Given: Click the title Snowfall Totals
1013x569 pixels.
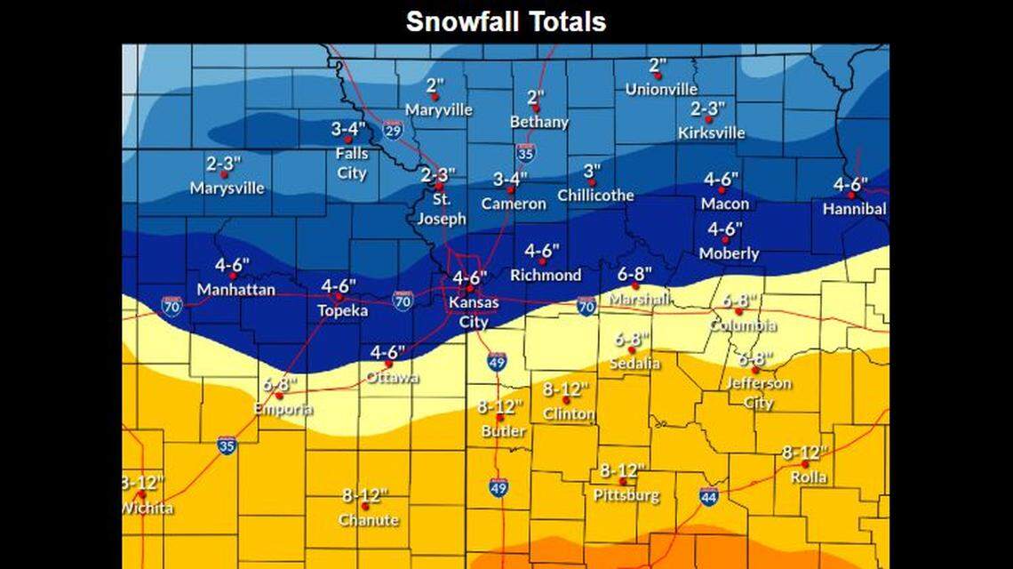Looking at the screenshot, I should [506, 21].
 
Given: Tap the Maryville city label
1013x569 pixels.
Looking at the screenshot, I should [438, 110].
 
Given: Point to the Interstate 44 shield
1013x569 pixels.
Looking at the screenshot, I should [708, 497].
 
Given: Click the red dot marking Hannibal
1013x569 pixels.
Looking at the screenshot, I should [851, 195].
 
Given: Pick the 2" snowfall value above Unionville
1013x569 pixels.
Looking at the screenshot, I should [658, 66].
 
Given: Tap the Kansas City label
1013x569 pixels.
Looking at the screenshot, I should [474, 313].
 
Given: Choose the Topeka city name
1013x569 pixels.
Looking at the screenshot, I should [343, 311].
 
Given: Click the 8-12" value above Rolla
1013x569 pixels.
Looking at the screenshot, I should [804, 453].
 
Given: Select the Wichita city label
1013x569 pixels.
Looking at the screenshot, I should [147, 509].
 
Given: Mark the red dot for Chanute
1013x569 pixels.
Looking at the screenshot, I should [365, 506].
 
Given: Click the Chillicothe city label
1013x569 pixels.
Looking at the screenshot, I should [595, 196].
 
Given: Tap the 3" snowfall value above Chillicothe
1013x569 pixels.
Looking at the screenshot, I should [592, 171].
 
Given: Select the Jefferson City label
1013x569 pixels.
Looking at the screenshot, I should [753, 393].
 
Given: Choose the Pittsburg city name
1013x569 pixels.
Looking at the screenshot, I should [626, 495].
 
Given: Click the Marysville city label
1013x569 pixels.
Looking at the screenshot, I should [227, 188].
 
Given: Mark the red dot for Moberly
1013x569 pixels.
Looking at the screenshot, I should [726, 239].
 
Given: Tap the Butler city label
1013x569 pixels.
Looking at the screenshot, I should [503, 431].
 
